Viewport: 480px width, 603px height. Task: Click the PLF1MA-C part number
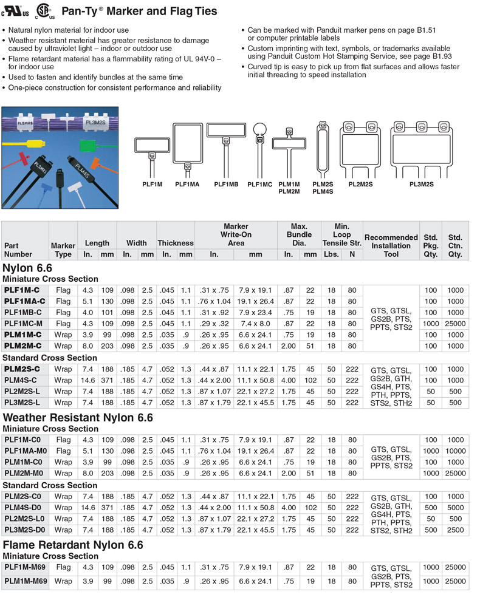pos(25,301)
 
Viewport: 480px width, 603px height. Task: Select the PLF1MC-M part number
pos(24,324)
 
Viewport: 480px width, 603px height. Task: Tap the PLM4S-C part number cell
pos(22,380)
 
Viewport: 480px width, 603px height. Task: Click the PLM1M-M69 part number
pos(26,581)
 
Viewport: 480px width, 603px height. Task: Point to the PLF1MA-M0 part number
pos(26,451)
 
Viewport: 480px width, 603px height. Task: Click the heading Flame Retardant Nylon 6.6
pos(73,545)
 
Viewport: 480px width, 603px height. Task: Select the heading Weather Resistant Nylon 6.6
pos(78,418)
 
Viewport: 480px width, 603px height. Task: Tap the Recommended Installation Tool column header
pos(391,242)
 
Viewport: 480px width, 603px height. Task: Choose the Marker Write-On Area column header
pos(236,235)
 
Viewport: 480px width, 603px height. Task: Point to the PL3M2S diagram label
pos(421,184)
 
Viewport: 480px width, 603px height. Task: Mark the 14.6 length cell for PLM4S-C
pos(88,380)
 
